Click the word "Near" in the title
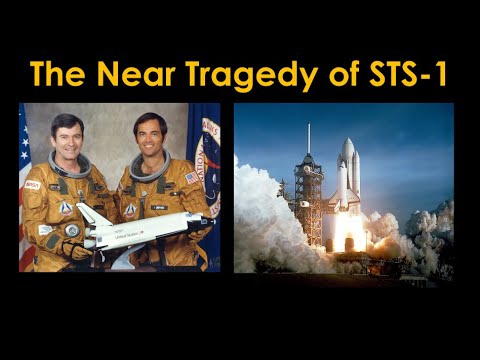pos(126,74)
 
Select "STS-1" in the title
pos(398,74)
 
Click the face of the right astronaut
pos(149,135)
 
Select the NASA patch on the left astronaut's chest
pos(33,185)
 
